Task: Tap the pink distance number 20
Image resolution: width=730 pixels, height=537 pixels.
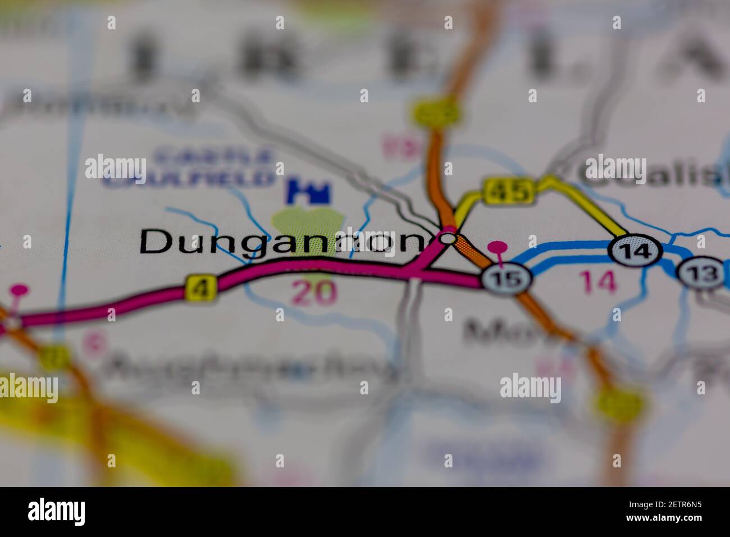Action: [x=314, y=293]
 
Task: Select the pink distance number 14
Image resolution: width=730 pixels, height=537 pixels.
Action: [x=599, y=281]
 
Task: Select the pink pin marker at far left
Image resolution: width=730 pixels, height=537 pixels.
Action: [x=19, y=290]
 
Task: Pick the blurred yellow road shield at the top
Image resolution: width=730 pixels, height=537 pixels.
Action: [x=436, y=112]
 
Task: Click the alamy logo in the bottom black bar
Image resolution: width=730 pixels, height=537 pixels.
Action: [x=56, y=512]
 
